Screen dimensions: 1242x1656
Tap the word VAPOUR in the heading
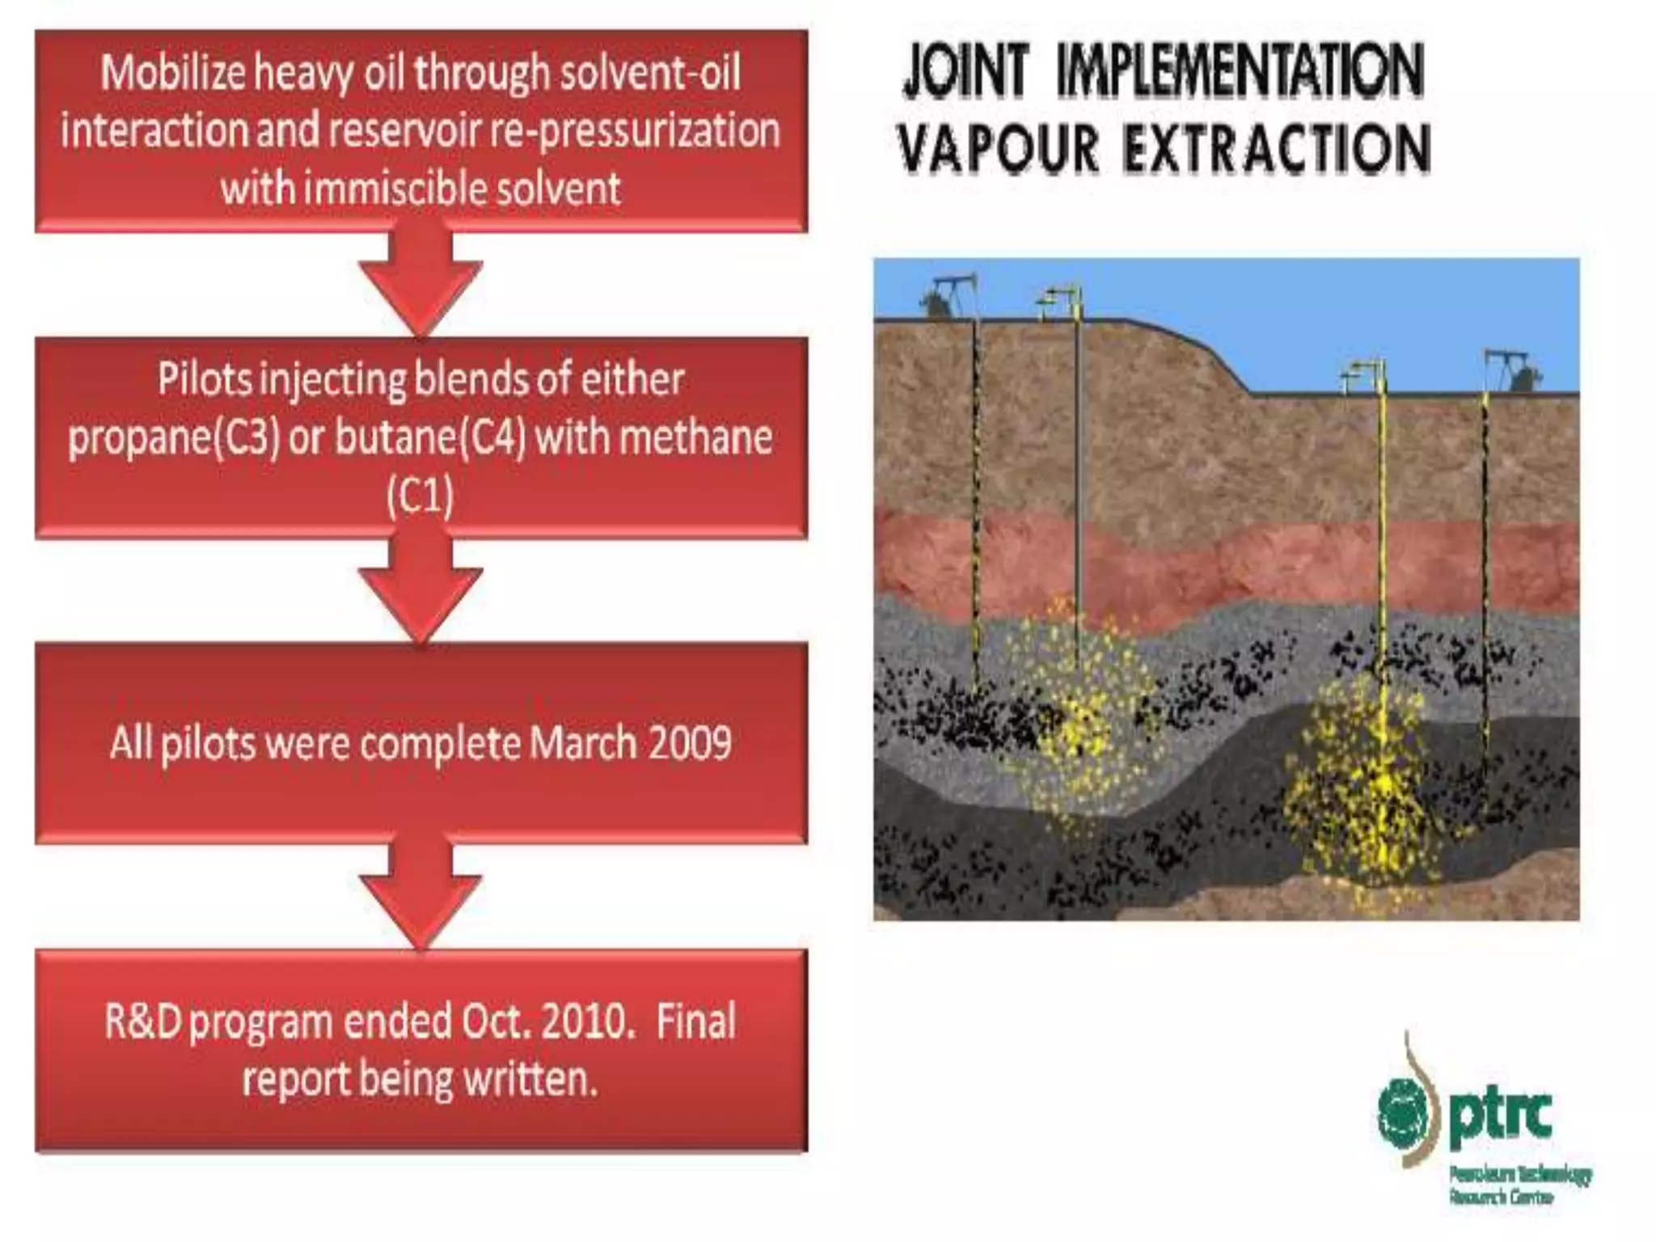click(999, 149)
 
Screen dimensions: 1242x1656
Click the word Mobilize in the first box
click(173, 73)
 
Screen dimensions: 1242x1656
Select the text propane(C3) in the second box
click(174, 437)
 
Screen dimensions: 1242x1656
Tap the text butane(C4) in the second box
click(430, 437)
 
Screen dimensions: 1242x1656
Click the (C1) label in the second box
click(420, 496)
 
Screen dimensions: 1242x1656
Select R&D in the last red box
click(142, 1022)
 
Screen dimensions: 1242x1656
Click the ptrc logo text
click(1501, 1116)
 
